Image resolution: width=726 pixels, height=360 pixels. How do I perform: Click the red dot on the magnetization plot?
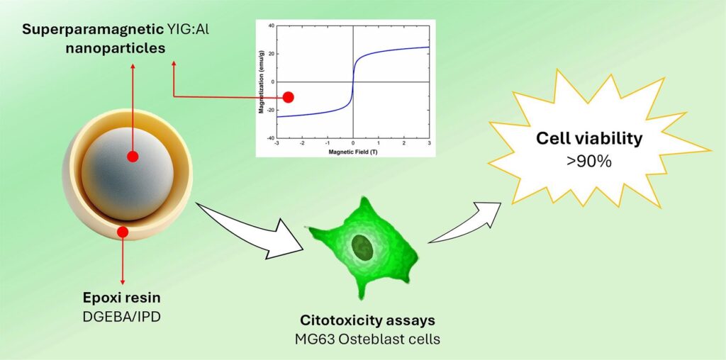pyautogui.click(x=289, y=97)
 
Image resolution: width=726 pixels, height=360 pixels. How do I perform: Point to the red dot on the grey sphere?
pyautogui.click(x=132, y=156)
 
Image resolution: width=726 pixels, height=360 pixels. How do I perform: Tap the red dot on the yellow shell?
pyautogui.click(x=123, y=231)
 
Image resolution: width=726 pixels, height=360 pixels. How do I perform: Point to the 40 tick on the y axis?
pyautogui.click(x=270, y=26)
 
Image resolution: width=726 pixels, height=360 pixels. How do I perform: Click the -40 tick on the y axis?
pyautogui.click(x=269, y=137)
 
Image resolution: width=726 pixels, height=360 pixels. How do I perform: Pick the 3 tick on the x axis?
pyautogui.click(x=429, y=144)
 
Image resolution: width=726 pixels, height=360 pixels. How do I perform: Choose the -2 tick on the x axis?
pyautogui.click(x=303, y=144)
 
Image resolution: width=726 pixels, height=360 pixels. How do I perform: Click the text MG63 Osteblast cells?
pyautogui.click(x=367, y=339)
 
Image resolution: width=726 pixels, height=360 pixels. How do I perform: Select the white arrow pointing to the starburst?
pyautogui.click(x=464, y=223)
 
